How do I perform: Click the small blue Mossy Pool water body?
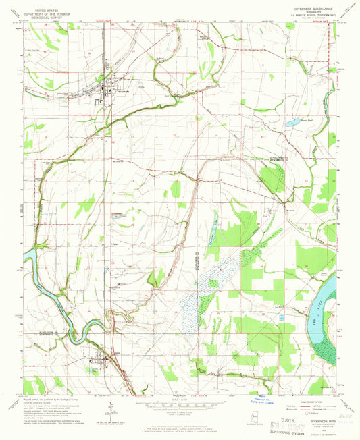coord(292,123)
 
